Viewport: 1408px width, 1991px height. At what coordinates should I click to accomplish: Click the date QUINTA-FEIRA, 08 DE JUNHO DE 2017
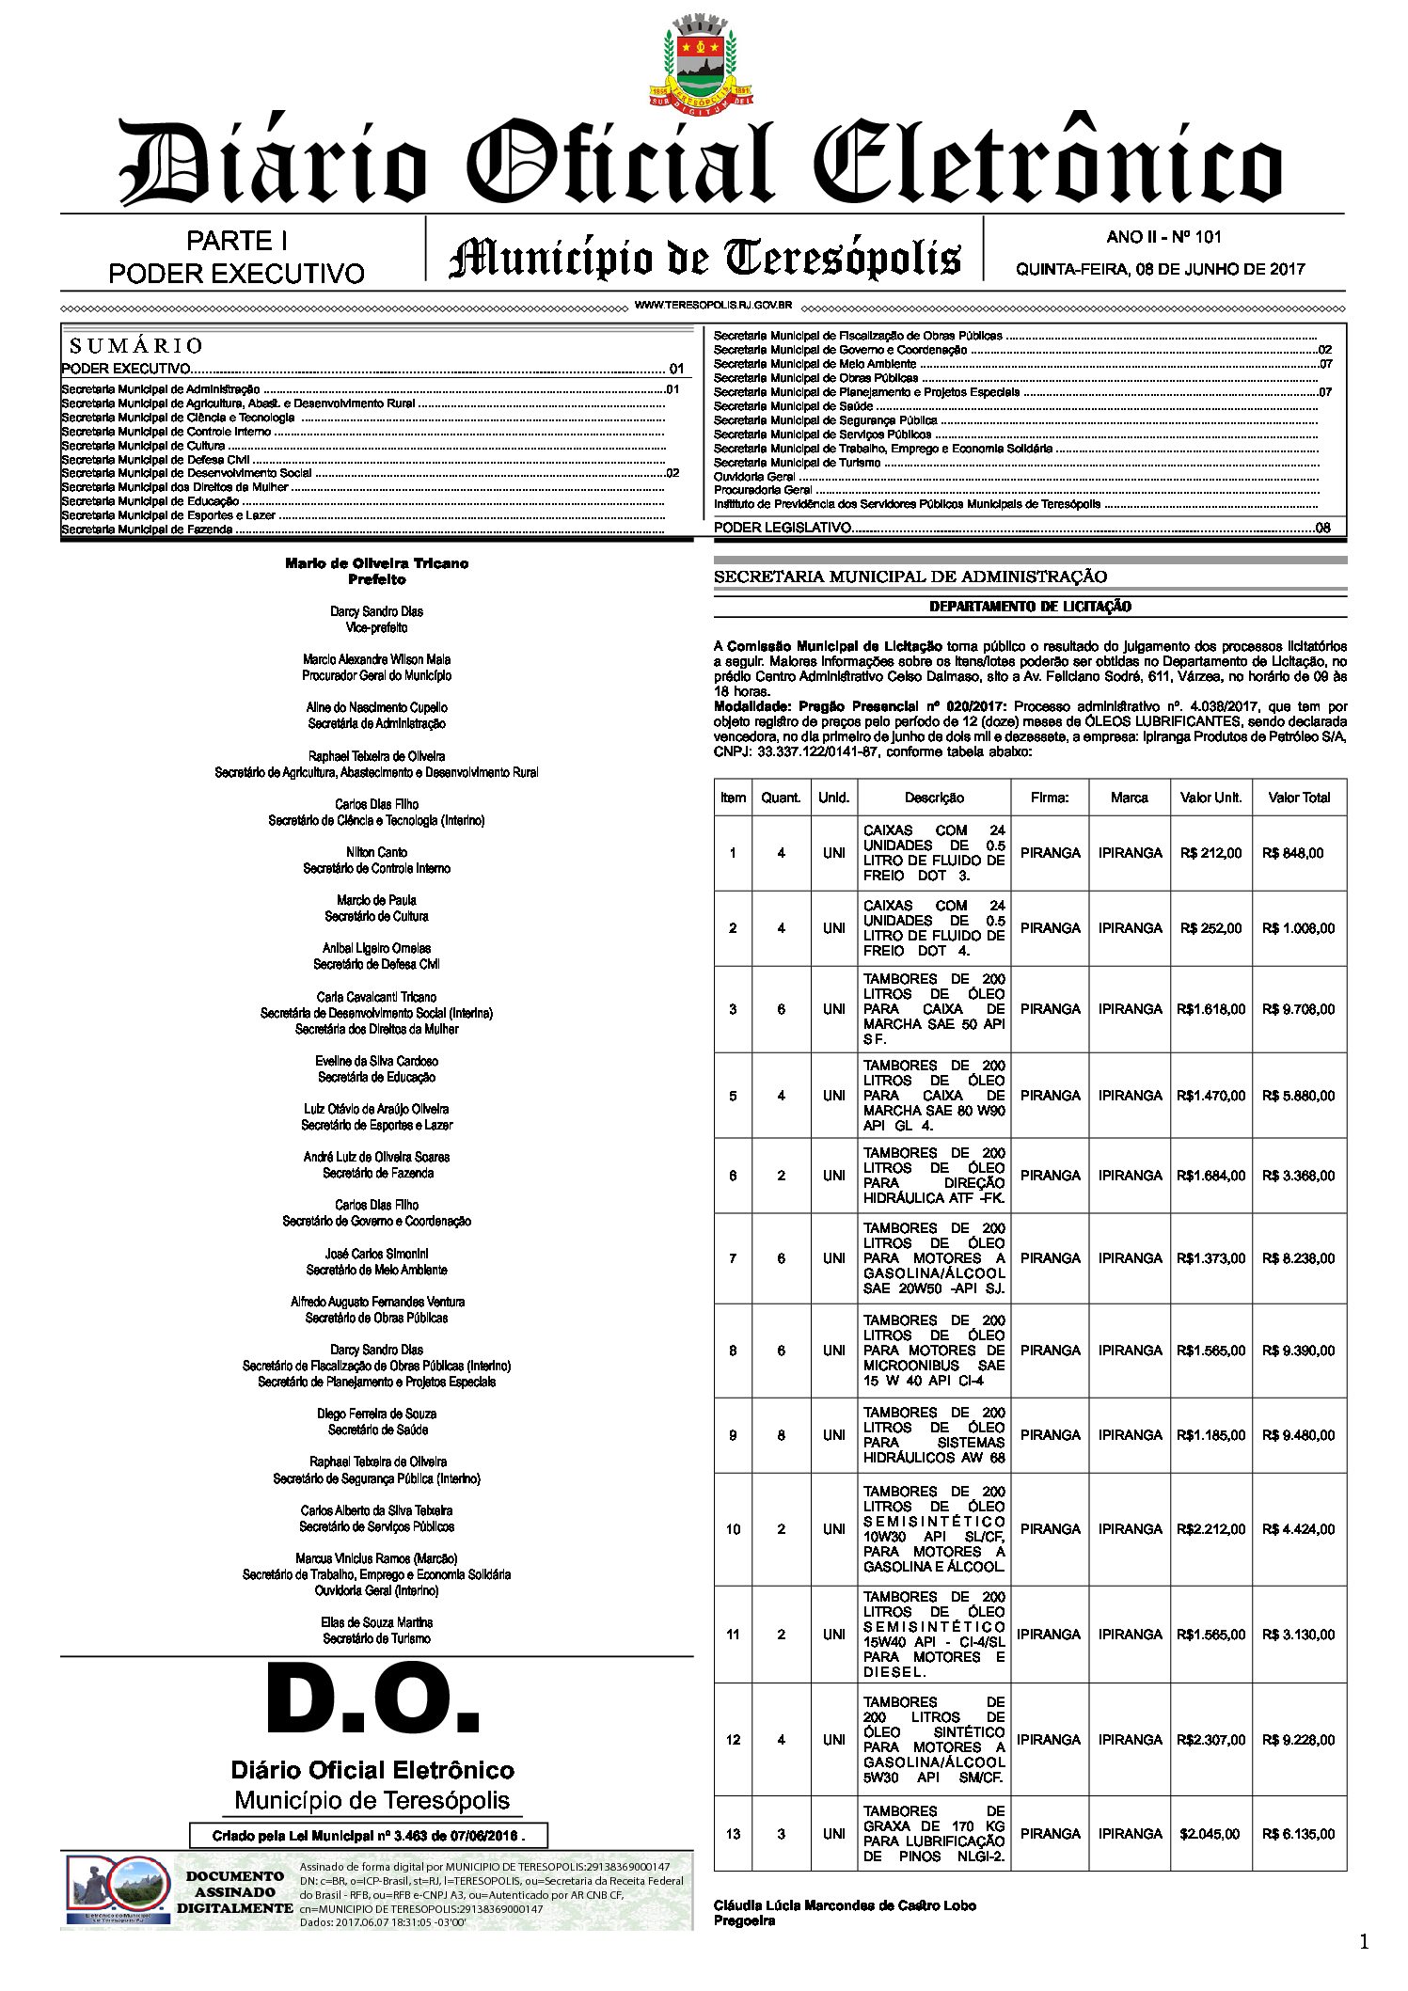click(x=1160, y=269)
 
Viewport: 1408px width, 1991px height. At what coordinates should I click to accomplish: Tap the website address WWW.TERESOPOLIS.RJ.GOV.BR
click(x=713, y=306)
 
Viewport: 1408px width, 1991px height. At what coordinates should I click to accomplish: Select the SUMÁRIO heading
click(x=136, y=345)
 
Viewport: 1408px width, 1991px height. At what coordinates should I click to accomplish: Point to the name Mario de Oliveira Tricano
click(x=376, y=563)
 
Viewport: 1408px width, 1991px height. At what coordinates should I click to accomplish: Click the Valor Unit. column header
click(x=1210, y=798)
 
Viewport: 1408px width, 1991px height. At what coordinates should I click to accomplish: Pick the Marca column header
click(x=1129, y=798)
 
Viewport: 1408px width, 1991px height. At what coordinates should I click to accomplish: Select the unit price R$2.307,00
click(x=1210, y=1740)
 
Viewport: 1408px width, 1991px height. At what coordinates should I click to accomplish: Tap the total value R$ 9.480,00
click(x=1298, y=1435)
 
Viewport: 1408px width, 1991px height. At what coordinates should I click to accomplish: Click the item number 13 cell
click(x=733, y=1834)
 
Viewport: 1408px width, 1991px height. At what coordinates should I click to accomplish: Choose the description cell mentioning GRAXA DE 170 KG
click(x=934, y=1834)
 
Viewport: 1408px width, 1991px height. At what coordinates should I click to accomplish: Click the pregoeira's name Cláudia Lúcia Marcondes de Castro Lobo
click(x=845, y=1905)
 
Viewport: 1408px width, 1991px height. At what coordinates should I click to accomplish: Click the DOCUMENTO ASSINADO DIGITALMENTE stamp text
click(x=234, y=1892)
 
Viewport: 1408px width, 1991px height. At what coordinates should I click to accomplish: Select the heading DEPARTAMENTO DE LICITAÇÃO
click(x=1030, y=607)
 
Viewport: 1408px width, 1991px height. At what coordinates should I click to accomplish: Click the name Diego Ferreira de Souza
click(x=376, y=1414)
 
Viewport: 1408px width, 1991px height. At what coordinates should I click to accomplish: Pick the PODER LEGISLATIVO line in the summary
click(x=783, y=528)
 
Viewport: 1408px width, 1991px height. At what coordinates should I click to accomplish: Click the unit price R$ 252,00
click(x=1210, y=928)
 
